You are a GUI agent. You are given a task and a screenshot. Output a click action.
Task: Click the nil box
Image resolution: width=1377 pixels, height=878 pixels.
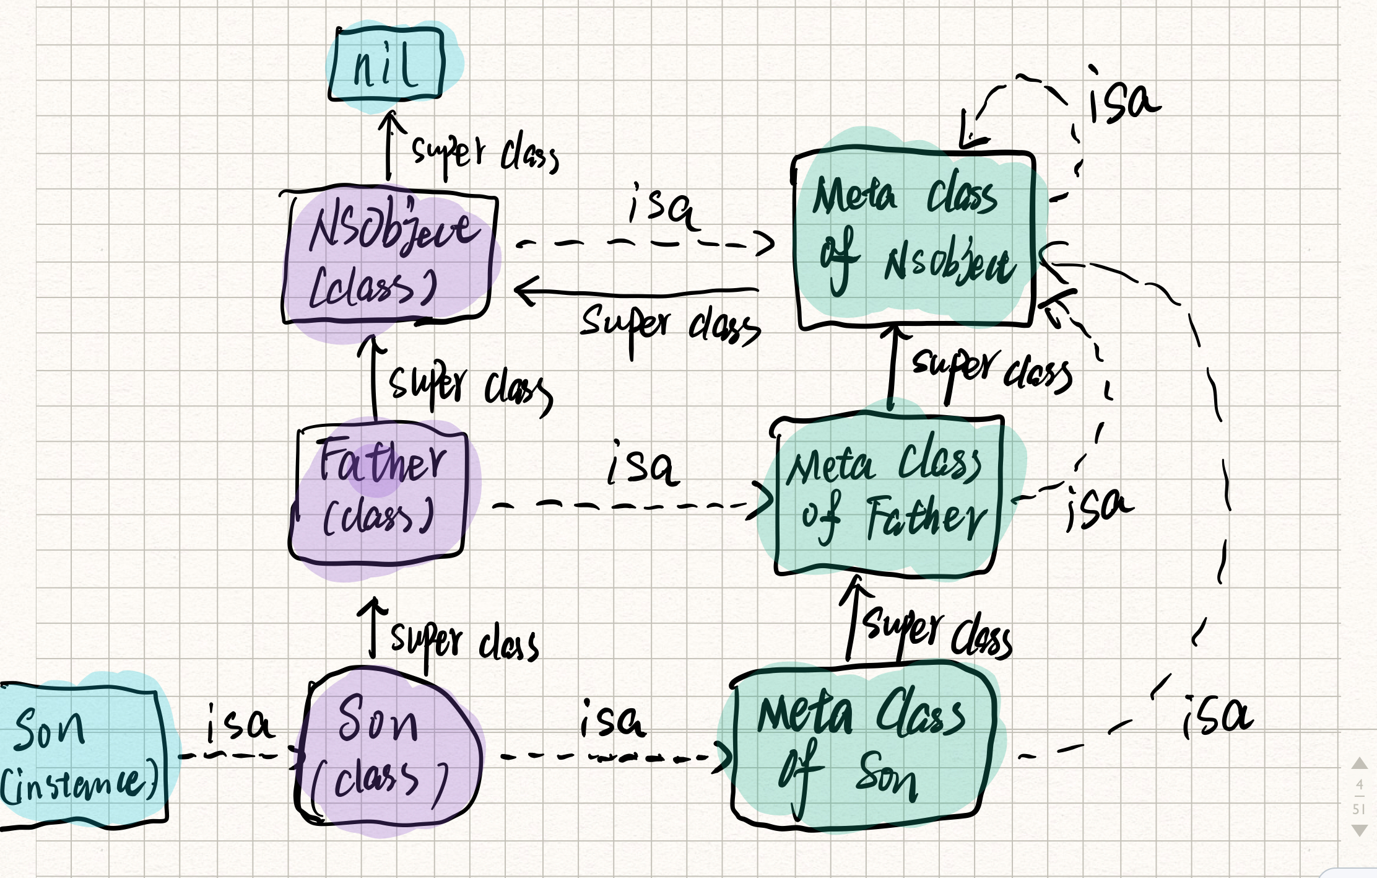click(x=387, y=64)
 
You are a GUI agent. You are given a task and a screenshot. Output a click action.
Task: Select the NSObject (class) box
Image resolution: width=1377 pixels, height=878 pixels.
click(x=388, y=257)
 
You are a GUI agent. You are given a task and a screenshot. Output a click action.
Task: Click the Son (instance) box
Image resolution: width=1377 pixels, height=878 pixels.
click(x=80, y=756)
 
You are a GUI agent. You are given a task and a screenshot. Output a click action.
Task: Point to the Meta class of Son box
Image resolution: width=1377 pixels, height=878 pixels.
click(x=862, y=747)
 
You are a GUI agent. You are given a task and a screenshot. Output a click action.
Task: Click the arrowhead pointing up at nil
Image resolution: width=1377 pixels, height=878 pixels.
click(x=390, y=119)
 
